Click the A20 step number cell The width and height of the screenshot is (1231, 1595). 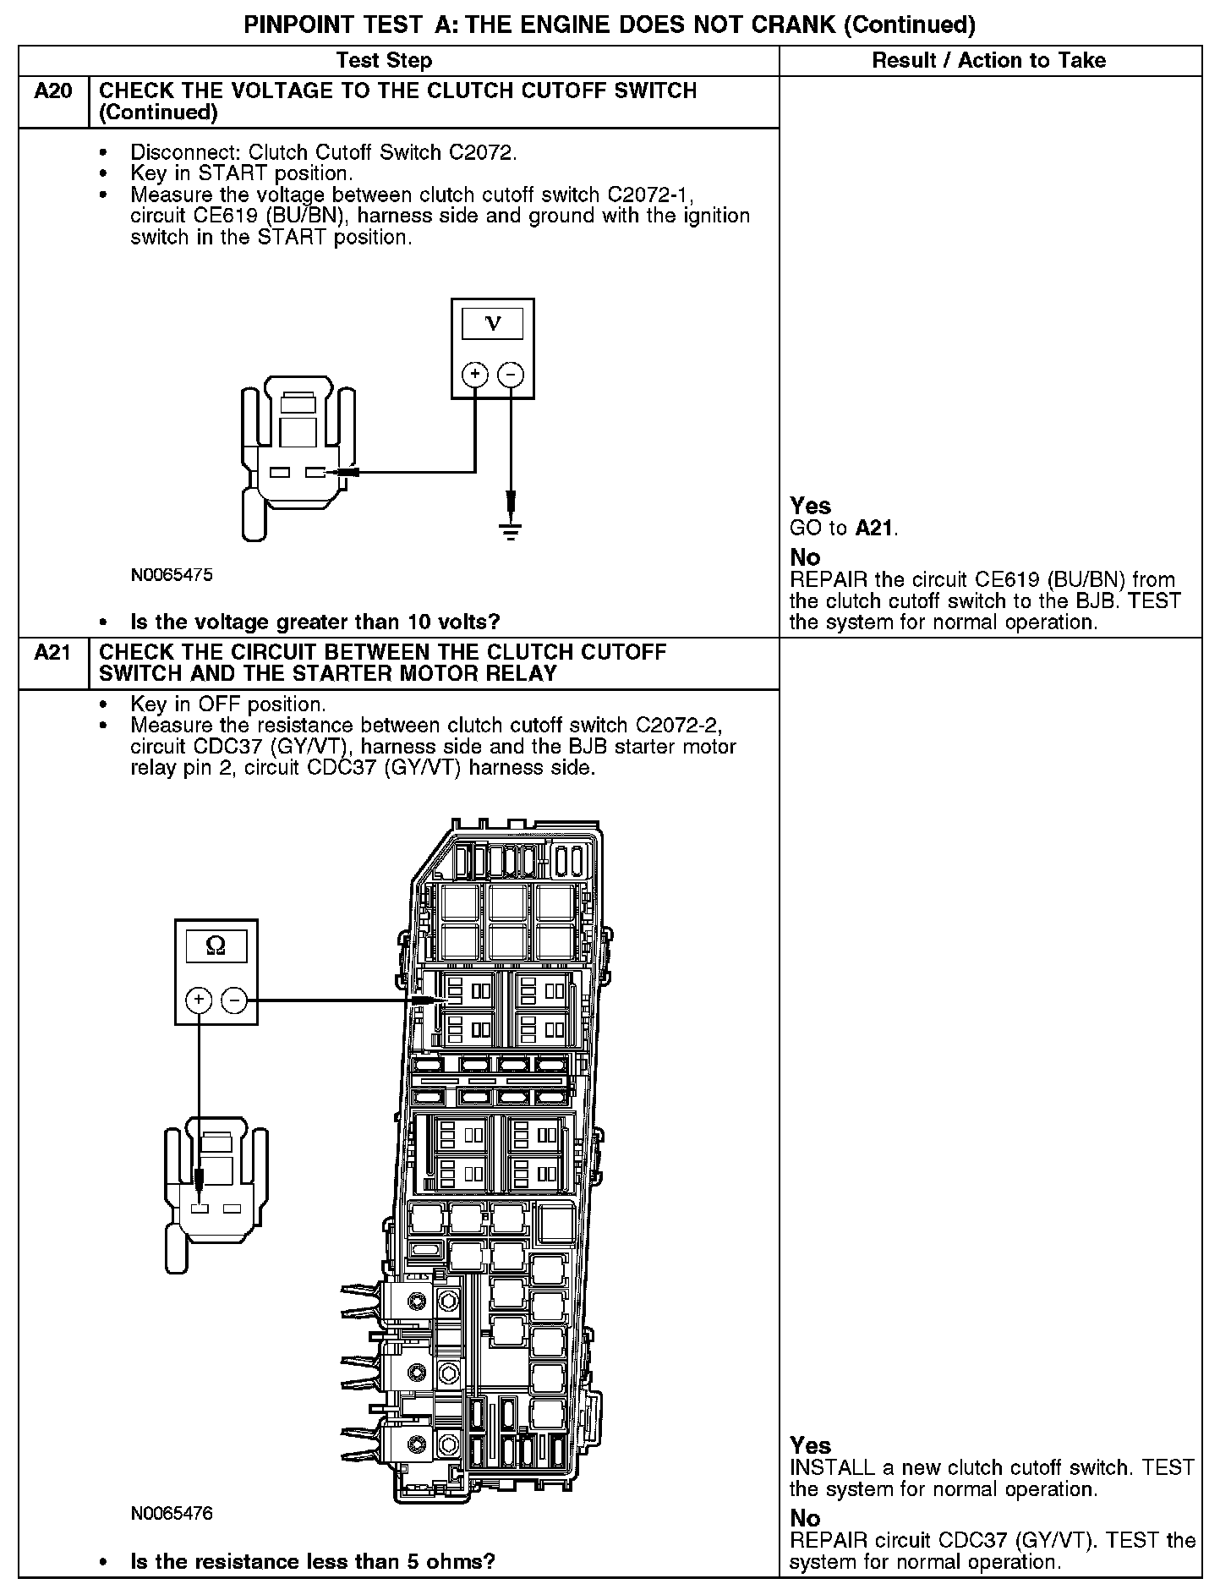coord(52,91)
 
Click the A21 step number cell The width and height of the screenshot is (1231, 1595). coord(52,653)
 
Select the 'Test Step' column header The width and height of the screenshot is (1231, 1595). coord(384,60)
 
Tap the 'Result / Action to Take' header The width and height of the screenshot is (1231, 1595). coord(988,60)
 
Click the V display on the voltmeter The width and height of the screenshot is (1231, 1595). coord(493,324)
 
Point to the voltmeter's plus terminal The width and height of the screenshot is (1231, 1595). coord(475,374)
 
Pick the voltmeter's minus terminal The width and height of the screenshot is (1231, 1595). coord(511,374)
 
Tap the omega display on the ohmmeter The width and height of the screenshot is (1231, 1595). coord(216,946)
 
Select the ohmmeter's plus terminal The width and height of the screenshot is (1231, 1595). coord(199,1001)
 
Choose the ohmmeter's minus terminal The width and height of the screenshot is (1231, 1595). coord(234,1001)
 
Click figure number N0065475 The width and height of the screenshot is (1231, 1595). coord(172,575)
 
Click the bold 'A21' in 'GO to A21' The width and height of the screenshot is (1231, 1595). coord(874,529)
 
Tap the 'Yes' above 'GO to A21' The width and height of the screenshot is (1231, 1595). coord(810,506)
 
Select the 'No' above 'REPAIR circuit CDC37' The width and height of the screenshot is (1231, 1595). coord(805,1518)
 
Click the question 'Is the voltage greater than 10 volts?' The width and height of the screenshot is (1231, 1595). coord(315,622)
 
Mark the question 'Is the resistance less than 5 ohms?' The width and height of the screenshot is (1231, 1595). coord(312,1561)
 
